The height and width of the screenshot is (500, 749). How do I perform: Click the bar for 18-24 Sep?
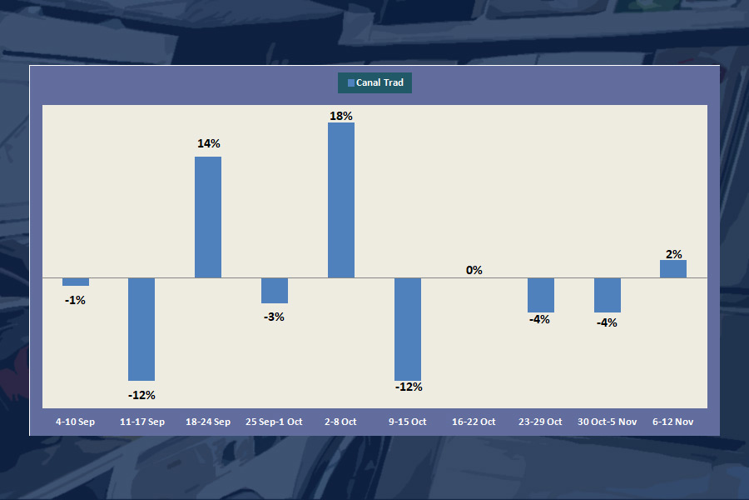[x=208, y=217]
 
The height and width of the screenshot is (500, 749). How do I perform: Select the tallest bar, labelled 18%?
[x=341, y=200]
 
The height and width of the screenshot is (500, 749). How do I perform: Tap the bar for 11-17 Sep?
[x=141, y=329]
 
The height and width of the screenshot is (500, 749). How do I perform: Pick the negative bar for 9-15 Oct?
[x=408, y=329]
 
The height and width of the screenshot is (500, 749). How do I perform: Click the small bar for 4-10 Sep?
[x=76, y=282]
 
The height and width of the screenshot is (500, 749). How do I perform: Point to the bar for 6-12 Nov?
[x=673, y=268]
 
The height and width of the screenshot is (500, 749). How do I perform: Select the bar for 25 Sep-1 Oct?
[x=275, y=290]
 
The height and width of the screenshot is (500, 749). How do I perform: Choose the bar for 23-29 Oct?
[x=541, y=295]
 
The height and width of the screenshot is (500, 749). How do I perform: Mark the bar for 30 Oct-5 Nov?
[x=608, y=295]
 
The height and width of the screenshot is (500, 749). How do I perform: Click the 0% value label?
[x=474, y=270]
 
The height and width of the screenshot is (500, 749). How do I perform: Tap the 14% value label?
[x=209, y=143]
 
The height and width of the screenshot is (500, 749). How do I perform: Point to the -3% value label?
[x=274, y=317]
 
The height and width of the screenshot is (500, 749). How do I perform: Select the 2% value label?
[x=674, y=254]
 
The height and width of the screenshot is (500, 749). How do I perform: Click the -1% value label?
[x=75, y=300]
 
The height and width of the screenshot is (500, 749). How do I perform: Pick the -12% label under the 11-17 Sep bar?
[x=141, y=395]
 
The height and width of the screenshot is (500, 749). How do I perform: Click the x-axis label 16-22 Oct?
[x=474, y=422]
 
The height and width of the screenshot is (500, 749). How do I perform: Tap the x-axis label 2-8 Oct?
[x=340, y=422]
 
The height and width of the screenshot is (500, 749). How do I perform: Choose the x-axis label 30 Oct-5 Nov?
[x=607, y=422]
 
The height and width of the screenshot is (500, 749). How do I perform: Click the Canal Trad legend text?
[x=379, y=82]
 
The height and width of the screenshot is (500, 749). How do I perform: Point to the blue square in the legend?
[x=350, y=82]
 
